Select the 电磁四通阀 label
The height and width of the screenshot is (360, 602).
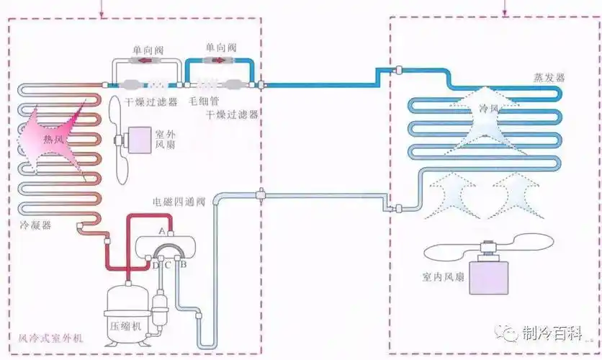click(x=179, y=202)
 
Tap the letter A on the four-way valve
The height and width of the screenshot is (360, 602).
click(x=163, y=230)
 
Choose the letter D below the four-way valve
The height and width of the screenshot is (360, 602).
click(x=154, y=264)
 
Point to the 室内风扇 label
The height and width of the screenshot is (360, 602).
click(x=445, y=276)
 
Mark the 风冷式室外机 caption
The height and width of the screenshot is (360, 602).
click(x=48, y=338)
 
